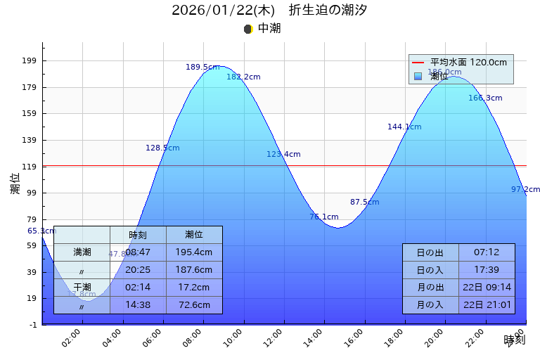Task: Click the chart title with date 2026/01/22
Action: tap(269, 11)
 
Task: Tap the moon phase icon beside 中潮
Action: tap(247, 29)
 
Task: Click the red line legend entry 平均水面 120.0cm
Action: tap(461, 63)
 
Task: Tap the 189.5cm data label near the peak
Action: tap(202, 67)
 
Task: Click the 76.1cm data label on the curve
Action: tap(324, 217)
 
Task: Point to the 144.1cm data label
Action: tap(404, 127)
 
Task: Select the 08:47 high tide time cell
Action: tap(138, 252)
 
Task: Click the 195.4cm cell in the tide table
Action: tap(194, 252)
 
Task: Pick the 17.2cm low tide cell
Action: tap(194, 287)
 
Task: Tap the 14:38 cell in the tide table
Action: tap(138, 305)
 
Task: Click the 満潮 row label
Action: tap(82, 252)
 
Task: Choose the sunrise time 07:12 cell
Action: tap(487, 252)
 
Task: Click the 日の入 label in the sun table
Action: tap(430, 270)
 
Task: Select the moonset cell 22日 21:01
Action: tap(487, 305)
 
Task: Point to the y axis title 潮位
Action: tap(15, 184)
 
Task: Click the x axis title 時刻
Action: tap(514, 340)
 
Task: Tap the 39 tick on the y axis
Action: tap(31, 272)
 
